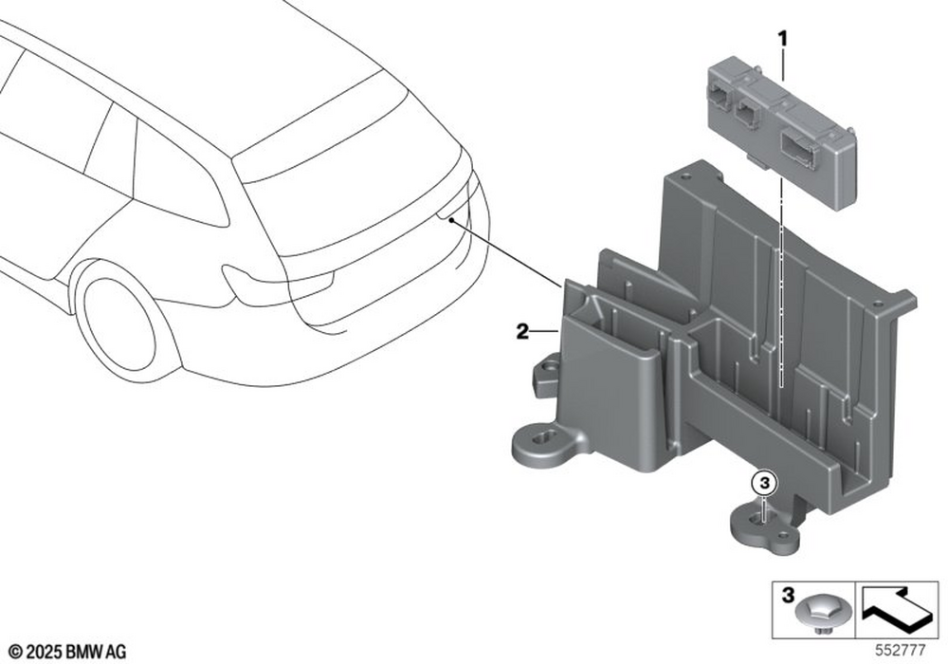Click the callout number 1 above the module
point(782,40)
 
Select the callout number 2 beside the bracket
point(521,331)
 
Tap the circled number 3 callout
point(764,483)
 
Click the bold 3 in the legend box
point(788,596)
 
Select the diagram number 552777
point(901,651)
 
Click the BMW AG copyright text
point(68,652)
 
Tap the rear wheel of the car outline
point(118,325)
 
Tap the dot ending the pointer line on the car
point(451,222)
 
